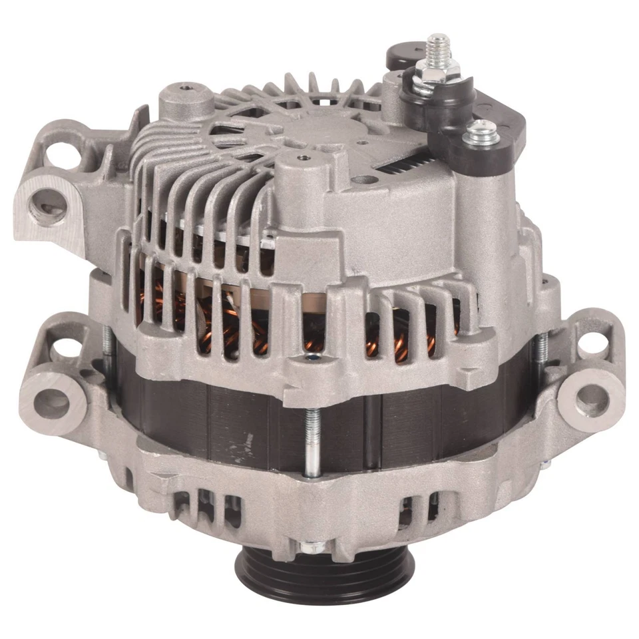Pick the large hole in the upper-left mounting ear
click(50, 207)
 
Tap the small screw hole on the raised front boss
click(304, 158)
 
